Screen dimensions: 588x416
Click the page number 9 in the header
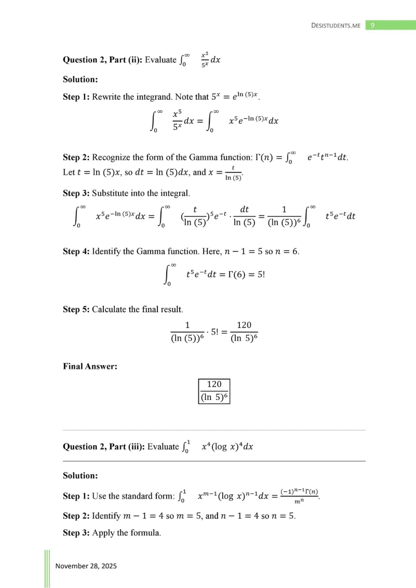[373, 25]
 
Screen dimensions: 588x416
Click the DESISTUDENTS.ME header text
[336, 25]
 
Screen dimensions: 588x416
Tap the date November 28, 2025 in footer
[86, 566]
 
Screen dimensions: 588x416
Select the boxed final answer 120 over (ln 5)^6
[214, 391]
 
